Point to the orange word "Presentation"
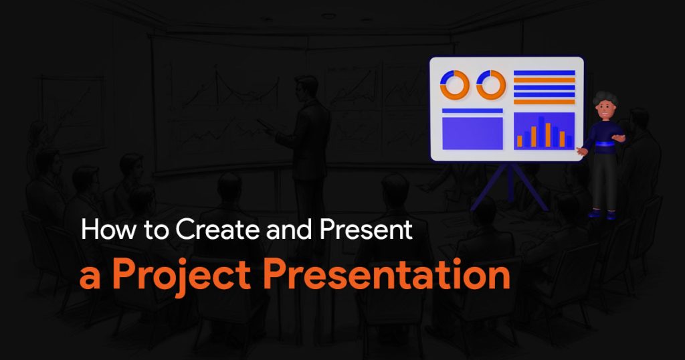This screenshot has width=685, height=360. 387,275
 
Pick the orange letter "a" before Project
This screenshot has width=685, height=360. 90,279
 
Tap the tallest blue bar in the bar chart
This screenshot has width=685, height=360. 541,132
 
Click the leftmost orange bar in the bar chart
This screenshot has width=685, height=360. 520,141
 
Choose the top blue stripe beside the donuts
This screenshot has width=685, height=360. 544,72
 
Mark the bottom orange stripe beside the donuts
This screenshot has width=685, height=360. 544,102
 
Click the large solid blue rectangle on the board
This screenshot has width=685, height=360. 472,133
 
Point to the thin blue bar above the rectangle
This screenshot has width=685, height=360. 472,111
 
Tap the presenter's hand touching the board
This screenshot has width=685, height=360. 581,152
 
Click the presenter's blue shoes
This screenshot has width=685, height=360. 601,214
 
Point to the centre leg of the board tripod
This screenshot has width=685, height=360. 510,182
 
